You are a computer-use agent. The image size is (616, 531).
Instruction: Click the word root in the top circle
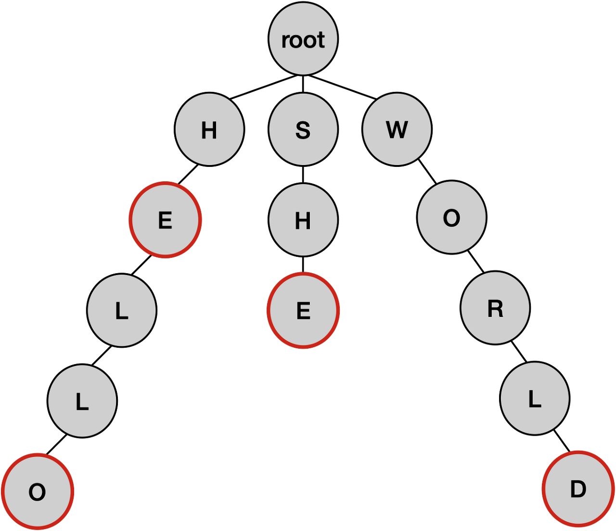(x=303, y=40)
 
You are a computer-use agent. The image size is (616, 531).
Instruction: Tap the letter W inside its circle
(x=397, y=130)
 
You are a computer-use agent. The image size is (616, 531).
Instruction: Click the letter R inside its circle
(x=495, y=309)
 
